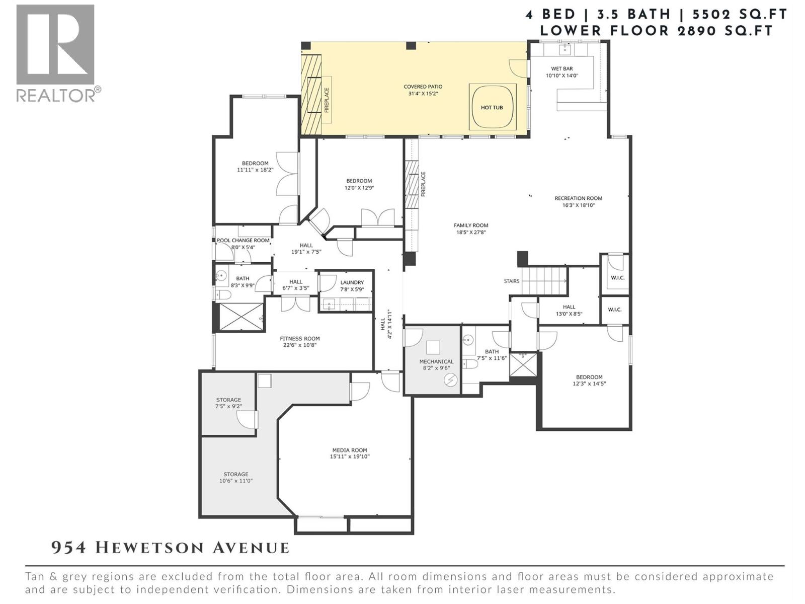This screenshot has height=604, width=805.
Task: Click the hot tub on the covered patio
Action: click(492, 107)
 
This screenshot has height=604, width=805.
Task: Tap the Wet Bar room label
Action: click(562, 69)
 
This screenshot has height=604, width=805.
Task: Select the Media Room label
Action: click(349, 450)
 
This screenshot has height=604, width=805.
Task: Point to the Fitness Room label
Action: click(300, 339)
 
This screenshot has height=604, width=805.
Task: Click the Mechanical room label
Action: click(436, 361)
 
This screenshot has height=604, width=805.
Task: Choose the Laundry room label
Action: click(352, 283)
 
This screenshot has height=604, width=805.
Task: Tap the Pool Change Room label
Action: click(243, 241)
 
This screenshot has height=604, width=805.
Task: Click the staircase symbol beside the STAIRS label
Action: click(544, 281)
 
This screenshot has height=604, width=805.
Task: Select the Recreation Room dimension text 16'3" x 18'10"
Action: click(578, 205)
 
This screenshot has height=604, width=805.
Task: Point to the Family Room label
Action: click(471, 225)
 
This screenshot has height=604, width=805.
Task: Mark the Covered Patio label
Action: click(423, 87)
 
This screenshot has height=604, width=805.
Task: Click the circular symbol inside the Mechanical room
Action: click(451, 381)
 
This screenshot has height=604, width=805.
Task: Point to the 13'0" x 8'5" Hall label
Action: click(569, 307)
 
